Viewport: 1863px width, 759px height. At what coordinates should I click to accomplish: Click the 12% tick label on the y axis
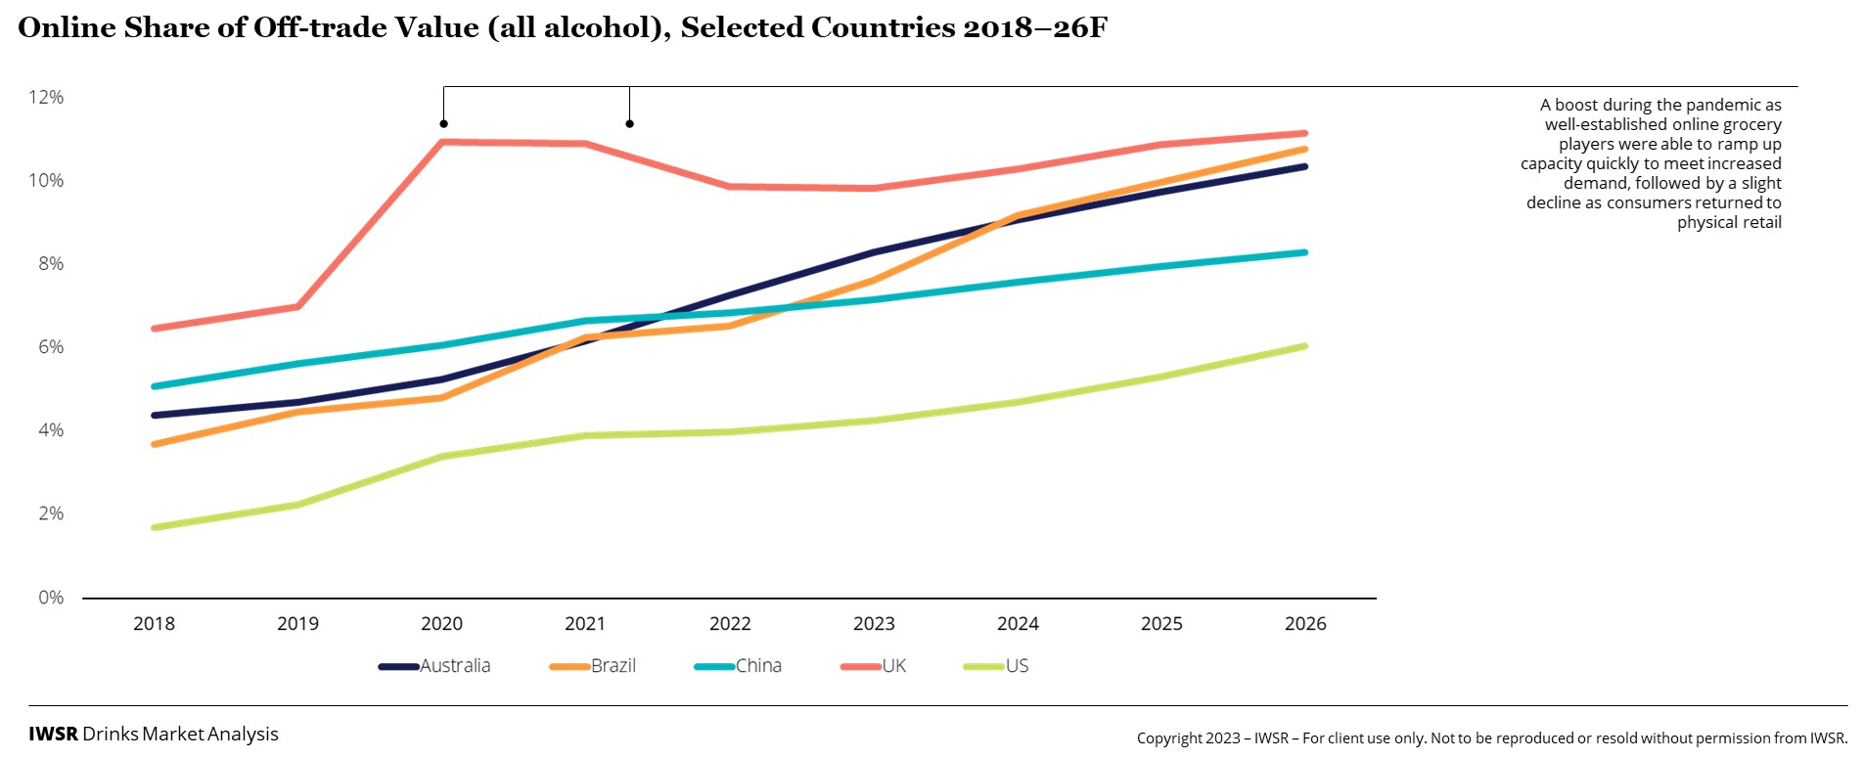[x=46, y=97]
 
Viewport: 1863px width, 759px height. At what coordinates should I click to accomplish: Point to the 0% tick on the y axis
[x=51, y=597]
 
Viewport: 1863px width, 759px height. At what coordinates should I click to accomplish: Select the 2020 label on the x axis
[x=441, y=624]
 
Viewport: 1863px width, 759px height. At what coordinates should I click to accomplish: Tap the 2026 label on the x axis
[x=1305, y=624]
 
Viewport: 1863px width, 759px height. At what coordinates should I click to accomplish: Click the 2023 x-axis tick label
[x=874, y=624]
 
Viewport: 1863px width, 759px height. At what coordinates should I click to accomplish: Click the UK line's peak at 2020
[x=442, y=142]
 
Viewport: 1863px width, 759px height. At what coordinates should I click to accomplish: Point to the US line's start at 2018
[x=155, y=527]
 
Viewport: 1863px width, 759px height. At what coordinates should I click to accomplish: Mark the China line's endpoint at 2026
[x=1304, y=252]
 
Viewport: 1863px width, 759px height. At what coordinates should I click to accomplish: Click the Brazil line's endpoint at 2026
[x=1304, y=149]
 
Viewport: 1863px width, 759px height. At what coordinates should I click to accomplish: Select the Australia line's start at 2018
[x=155, y=415]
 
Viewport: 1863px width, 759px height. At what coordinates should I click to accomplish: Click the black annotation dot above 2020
[x=443, y=124]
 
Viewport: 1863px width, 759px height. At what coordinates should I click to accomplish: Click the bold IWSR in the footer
[x=53, y=735]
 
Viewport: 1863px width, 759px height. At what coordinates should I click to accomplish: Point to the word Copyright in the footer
[x=1173, y=738]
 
